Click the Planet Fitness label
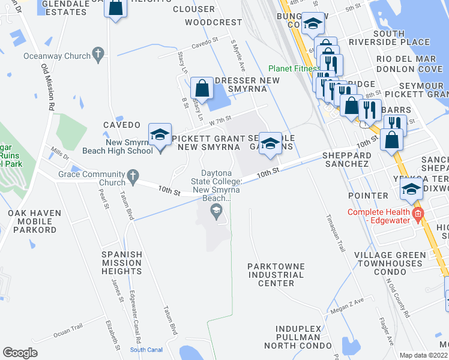point(294,69)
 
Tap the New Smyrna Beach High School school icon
point(160,136)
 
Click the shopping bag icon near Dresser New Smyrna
point(203,88)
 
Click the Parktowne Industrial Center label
point(276,274)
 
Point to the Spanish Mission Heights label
point(121,263)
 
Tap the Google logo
point(20,353)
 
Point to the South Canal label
point(146,350)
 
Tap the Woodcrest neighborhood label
point(213,22)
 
